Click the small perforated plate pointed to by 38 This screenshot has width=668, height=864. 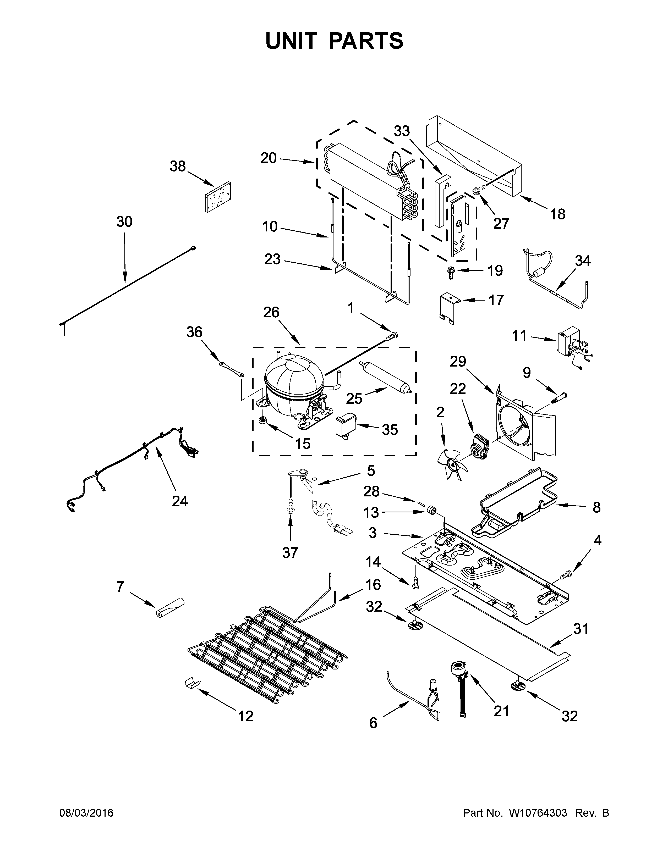[218, 197]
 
